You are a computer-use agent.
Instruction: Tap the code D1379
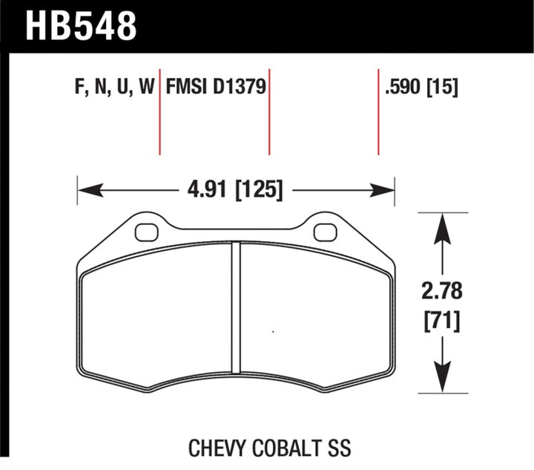pyautogui.click(x=240, y=88)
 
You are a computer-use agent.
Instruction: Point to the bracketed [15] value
pyautogui.click(x=443, y=88)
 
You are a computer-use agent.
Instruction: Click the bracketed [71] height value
pyautogui.click(x=443, y=321)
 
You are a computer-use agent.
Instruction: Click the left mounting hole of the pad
pyautogui.click(x=146, y=232)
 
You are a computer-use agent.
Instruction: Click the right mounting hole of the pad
pyautogui.click(x=325, y=232)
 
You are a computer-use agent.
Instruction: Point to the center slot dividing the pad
pyautogui.click(x=236, y=307)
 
